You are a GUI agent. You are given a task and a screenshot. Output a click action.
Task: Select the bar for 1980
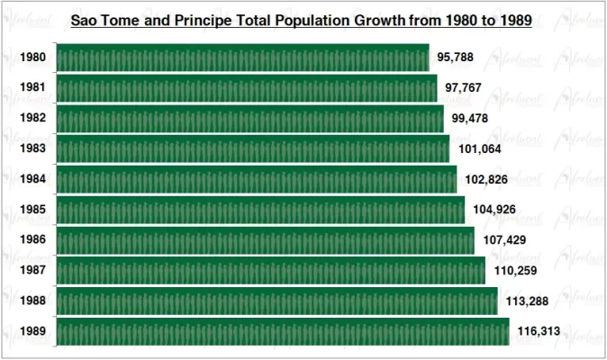[242, 58]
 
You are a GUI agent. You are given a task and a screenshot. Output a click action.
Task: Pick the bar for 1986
[265, 240]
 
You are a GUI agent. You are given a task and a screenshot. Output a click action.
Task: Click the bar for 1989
[282, 331]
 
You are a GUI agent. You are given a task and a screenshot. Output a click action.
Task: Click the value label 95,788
[456, 58]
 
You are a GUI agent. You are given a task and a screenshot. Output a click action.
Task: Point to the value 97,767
[464, 88]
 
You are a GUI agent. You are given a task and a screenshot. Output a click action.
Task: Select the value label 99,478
[470, 119]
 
